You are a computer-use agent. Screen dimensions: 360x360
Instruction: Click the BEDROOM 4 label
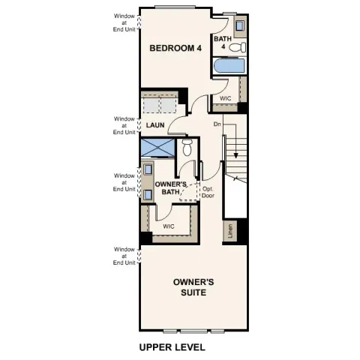click(175, 48)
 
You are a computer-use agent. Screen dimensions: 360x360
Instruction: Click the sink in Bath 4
click(239, 27)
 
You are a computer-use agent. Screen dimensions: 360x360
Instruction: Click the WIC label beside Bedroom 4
click(225, 98)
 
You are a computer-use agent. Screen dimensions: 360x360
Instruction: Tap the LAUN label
click(155, 125)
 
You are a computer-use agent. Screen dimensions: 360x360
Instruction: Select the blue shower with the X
click(157, 147)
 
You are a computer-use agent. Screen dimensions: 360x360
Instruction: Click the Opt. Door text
click(208, 191)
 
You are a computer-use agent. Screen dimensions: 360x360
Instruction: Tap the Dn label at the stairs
click(217, 124)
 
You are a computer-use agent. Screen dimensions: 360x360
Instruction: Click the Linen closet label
click(230, 231)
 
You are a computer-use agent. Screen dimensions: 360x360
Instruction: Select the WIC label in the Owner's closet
click(169, 226)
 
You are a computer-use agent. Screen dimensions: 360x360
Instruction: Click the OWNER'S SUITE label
click(193, 287)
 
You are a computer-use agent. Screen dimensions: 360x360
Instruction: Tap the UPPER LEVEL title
click(172, 348)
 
